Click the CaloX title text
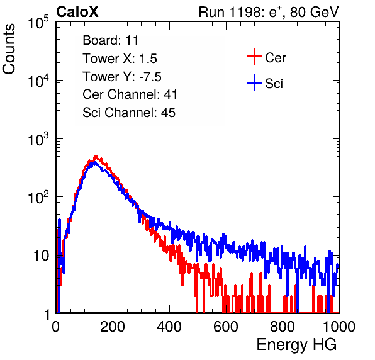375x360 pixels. (77, 12)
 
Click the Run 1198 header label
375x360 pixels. (269, 12)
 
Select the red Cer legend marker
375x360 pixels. (254, 57)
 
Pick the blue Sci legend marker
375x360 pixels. (254, 83)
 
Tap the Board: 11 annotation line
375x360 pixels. (111, 40)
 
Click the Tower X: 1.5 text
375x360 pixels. (120, 59)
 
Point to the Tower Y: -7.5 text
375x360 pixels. (122, 77)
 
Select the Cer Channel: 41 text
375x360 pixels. (130, 94)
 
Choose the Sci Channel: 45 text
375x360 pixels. (129, 113)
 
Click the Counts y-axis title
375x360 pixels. (9, 49)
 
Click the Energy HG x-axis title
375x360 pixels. (296, 344)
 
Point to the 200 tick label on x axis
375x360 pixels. (113, 327)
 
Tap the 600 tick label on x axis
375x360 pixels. (226, 327)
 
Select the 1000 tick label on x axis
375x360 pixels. (339, 327)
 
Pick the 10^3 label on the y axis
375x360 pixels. (38, 139)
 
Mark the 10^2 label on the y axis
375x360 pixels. (38, 198)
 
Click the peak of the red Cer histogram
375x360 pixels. (96, 156)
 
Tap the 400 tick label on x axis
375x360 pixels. (169, 327)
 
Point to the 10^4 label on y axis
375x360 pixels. (38, 81)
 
